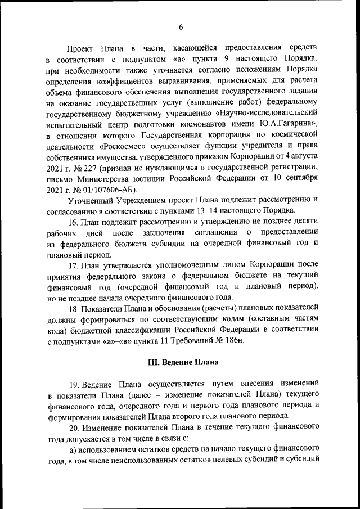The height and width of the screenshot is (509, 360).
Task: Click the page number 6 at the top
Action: tap(181, 26)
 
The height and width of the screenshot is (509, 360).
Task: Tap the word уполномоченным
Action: tap(184, 265)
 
